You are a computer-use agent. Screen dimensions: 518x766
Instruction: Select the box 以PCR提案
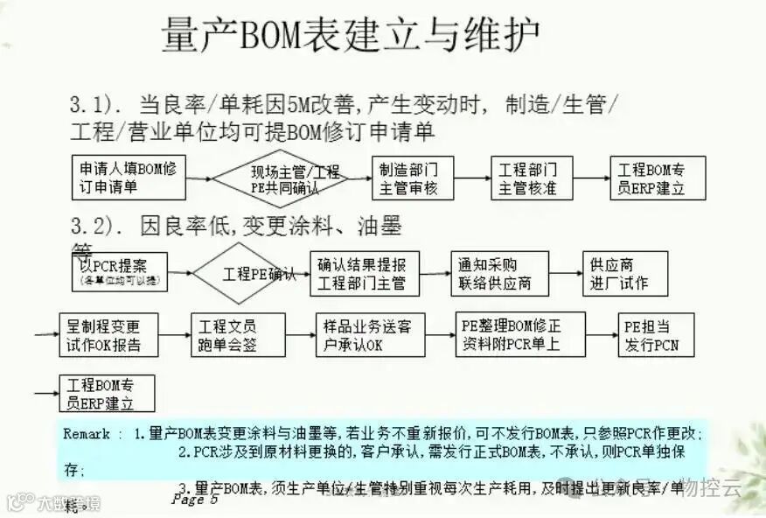pos(118,272)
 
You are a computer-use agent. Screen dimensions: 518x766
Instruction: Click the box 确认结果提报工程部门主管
pos(363,274)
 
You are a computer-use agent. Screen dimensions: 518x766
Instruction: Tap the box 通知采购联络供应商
pos(500,274)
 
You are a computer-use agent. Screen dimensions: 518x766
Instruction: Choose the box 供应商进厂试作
pos(625,274)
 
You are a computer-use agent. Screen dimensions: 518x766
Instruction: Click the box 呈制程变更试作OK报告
pos(110,335)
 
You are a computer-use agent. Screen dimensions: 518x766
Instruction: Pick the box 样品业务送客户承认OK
pos(363,335)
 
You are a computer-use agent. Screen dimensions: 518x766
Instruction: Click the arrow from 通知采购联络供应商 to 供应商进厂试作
pos(566,274)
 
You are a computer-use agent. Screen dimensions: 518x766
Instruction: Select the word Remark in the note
pos(87,433)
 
